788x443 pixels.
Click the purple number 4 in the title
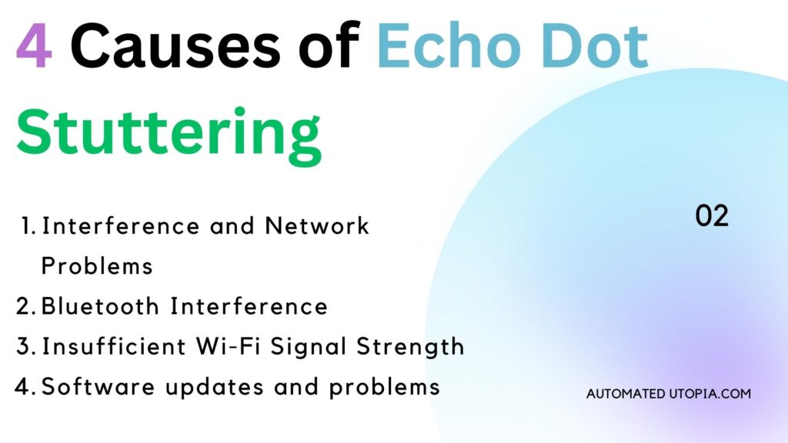[34, 45]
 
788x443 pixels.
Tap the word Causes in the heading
[175, 45]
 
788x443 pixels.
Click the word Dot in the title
[595, 45]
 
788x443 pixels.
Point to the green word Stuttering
[169, 135]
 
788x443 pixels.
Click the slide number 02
[712, 216]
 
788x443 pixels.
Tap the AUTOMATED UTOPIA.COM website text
[669, 394]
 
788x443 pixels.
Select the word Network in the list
[316, 226]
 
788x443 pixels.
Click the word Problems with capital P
[96, 266]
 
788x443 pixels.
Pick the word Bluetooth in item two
[100, 306]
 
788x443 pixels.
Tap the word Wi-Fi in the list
[229, 347]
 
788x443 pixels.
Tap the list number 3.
[25, 347]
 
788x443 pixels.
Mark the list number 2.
[25, 307]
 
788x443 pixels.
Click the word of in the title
[329, 45]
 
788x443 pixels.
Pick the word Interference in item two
[249, 306]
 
